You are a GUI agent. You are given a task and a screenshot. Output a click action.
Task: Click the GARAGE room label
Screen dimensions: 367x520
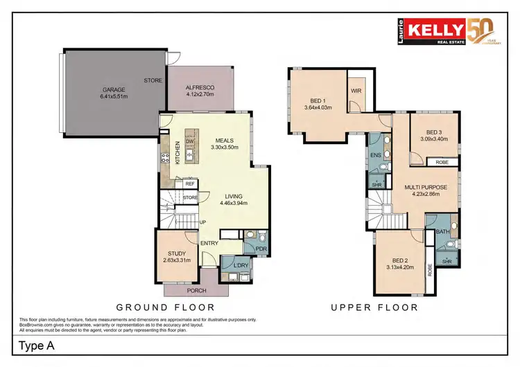coord(114,90)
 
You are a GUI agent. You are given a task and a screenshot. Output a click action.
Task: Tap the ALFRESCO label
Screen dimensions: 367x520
coord(200,88)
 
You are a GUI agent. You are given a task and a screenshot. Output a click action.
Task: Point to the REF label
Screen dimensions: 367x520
coord(189,184)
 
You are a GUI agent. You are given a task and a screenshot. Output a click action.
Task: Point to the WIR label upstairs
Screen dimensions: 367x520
coord(357,91)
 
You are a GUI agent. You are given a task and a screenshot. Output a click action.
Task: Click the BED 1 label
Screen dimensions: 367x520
coord(318,100)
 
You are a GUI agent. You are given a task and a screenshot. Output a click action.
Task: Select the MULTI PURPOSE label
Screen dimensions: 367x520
coord(426,188)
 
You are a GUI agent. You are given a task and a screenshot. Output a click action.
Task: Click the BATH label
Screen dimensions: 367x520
coord(442,232)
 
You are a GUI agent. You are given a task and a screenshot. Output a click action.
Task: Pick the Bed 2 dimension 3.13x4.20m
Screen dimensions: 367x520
coord(400,267)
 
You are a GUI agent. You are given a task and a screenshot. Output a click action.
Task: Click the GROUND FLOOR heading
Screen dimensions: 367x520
coord(165,307)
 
